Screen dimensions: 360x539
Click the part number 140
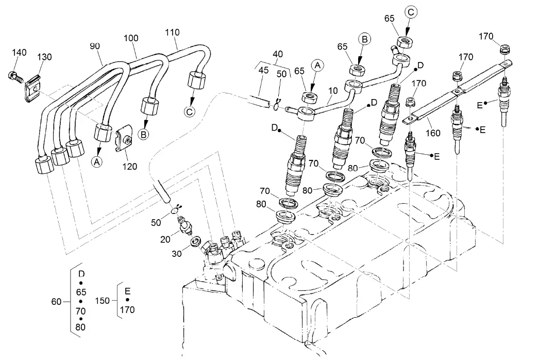click(x=20, y=53)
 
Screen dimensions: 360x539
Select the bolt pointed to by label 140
click(x=15, y=76)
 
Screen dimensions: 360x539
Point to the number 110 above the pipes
click(x=172, y=32)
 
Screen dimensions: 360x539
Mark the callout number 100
click(x=131, y=38)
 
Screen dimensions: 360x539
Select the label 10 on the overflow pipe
click(x=333, y=91)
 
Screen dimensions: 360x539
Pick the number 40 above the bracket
click(x=278, y=54)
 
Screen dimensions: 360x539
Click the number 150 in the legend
click(x=103, y=300)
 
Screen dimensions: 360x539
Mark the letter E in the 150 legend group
click(x=127, y=290)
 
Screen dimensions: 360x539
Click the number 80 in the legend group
click(x=80, y=327)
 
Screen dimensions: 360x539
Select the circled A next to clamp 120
click(x=96, y=161)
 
